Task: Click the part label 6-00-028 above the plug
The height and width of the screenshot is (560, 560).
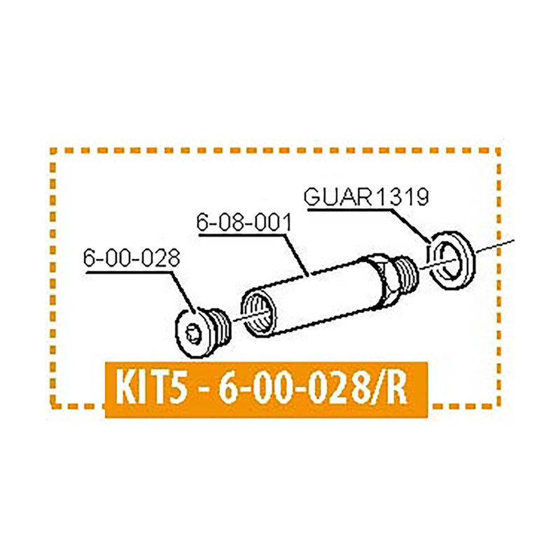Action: point(132,258)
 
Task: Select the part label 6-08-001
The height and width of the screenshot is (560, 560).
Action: point(243,224)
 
